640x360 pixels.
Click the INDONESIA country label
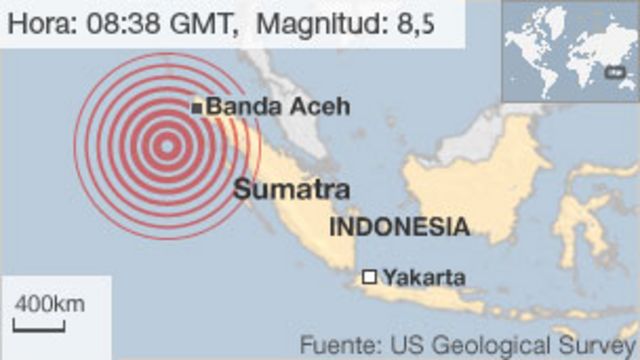pos(399,226)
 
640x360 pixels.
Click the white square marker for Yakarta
pos(370,277)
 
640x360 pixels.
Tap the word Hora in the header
pos(41,23)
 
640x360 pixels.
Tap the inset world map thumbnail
pos(568,51)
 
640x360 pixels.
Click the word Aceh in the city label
pos(324,107)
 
